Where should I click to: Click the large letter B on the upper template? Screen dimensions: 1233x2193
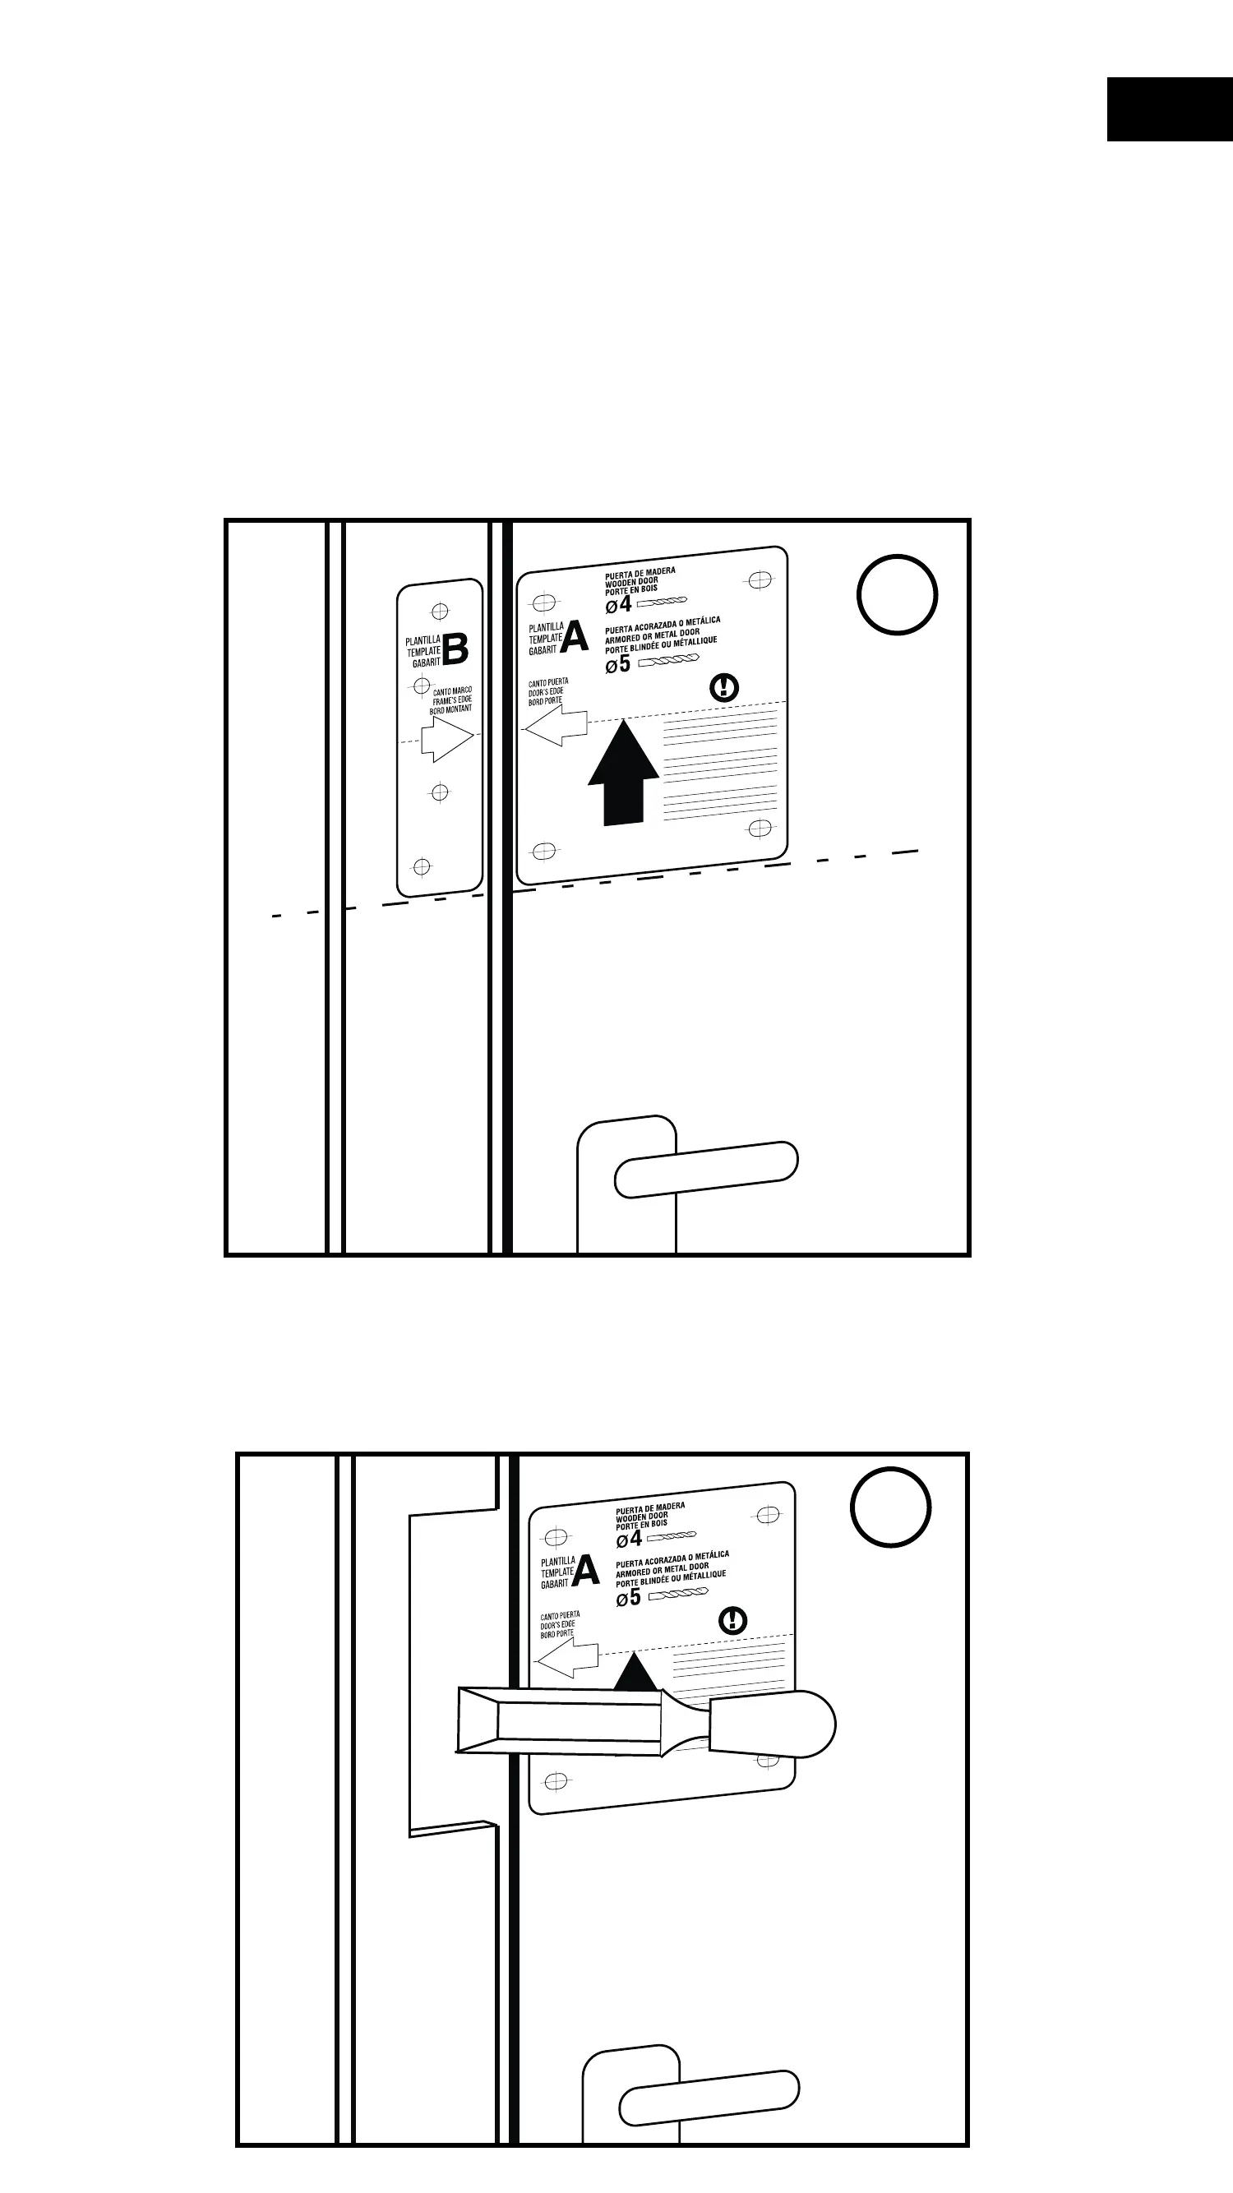[455, 649]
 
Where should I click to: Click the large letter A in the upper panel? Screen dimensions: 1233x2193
[575, 637]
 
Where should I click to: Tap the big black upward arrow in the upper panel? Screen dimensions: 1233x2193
[624, 773]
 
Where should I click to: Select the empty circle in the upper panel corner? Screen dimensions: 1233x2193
[897, 594]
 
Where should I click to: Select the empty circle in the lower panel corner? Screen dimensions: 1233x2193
[891, 1506]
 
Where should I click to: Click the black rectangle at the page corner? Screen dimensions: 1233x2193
[1169, 109]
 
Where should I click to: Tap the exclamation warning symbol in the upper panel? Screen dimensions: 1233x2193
[725, 686]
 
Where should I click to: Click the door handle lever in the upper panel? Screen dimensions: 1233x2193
[706, 1169]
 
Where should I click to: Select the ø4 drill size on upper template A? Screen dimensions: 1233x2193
[619, 604]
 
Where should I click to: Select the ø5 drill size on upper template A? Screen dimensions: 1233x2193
[618, 664]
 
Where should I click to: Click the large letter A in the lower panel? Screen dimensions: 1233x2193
[586, 1572]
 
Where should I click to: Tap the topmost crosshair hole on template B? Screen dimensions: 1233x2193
[441, 612]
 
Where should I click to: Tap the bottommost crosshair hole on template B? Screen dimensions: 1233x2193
[422, 866]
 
